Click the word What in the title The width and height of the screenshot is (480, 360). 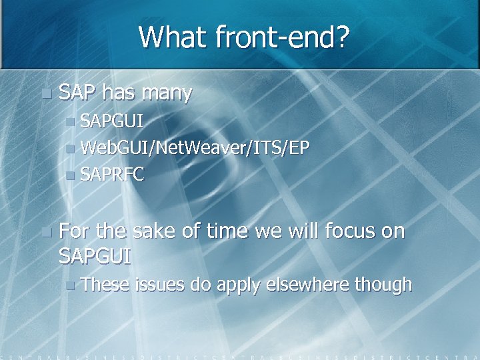coord(173,37)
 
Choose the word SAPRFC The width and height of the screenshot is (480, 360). coord(112,174)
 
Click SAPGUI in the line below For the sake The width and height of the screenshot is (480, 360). coord(95,256)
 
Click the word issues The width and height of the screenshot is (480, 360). coord(160,285)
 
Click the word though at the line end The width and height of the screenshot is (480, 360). coord(383,285)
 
